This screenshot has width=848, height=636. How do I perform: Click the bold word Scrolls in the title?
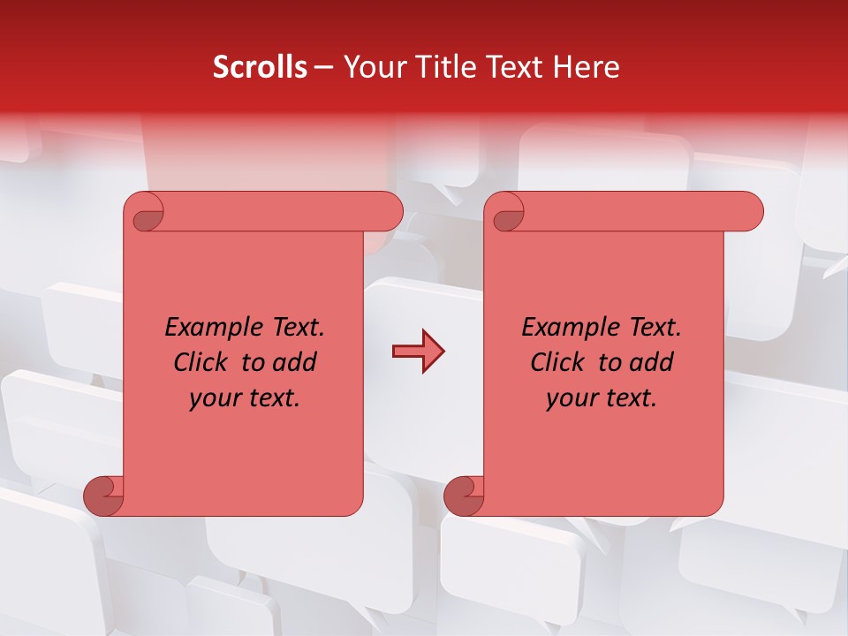[260, 67]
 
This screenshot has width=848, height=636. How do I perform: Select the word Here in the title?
[588, 67]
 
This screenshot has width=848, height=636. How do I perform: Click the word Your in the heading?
[372, 67]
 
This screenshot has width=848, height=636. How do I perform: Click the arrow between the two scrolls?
[418, 352]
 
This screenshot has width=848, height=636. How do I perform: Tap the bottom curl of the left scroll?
[104, 495]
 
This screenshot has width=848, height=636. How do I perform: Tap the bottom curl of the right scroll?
[465, 495]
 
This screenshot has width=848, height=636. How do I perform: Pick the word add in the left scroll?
[295, 362]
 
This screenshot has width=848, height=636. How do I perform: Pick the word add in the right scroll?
[652, 362]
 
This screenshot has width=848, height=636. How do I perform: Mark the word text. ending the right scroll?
[630, 398]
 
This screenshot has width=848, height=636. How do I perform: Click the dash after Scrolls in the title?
[324, 68]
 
